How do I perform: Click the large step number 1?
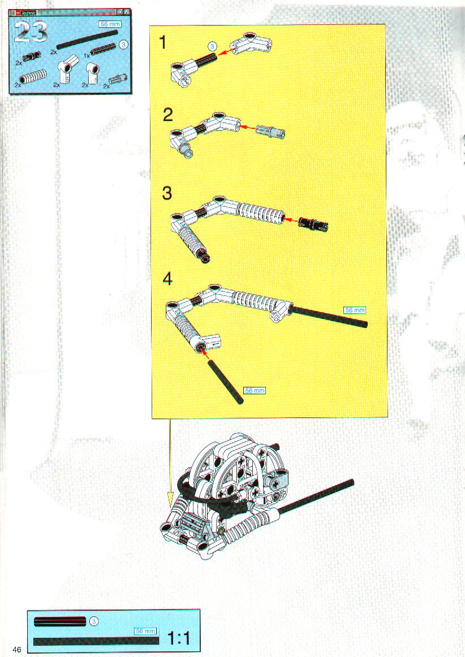pyautogui.click(x=163, y=43)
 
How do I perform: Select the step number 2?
pyautogui.click(x=167, y=115)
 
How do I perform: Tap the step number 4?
pyautogui.click(x=167, y=279)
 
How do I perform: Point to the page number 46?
pyautogui.click(x=17, y=649)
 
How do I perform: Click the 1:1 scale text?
pyautogui.click(x=179, y=638)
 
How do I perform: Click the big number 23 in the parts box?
pyautogui.click(x=31, y=32)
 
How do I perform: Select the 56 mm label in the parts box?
pyautogui.click(x=110, y=24)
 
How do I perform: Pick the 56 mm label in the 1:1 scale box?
pyautogui.click(x=145, y=631)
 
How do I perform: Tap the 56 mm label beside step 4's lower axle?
pyautogui.click(x=255, y=391)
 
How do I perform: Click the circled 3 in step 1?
pyautogui.click(x=213, y=46)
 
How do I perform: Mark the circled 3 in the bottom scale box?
pyautogui.click(x=94, y=621)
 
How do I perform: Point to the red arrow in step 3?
pyautogui.click(x=292, y=219)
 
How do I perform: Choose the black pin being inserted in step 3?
pyautogui.click(x=313, y=223)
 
